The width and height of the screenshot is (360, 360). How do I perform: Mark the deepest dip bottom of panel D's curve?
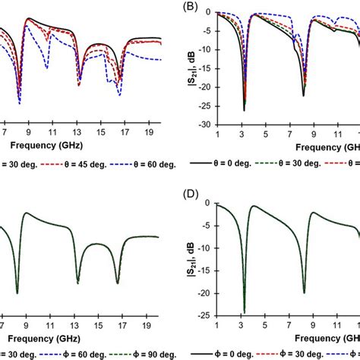coord(244,311)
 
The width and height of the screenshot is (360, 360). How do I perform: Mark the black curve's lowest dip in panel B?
coord(244,110)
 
